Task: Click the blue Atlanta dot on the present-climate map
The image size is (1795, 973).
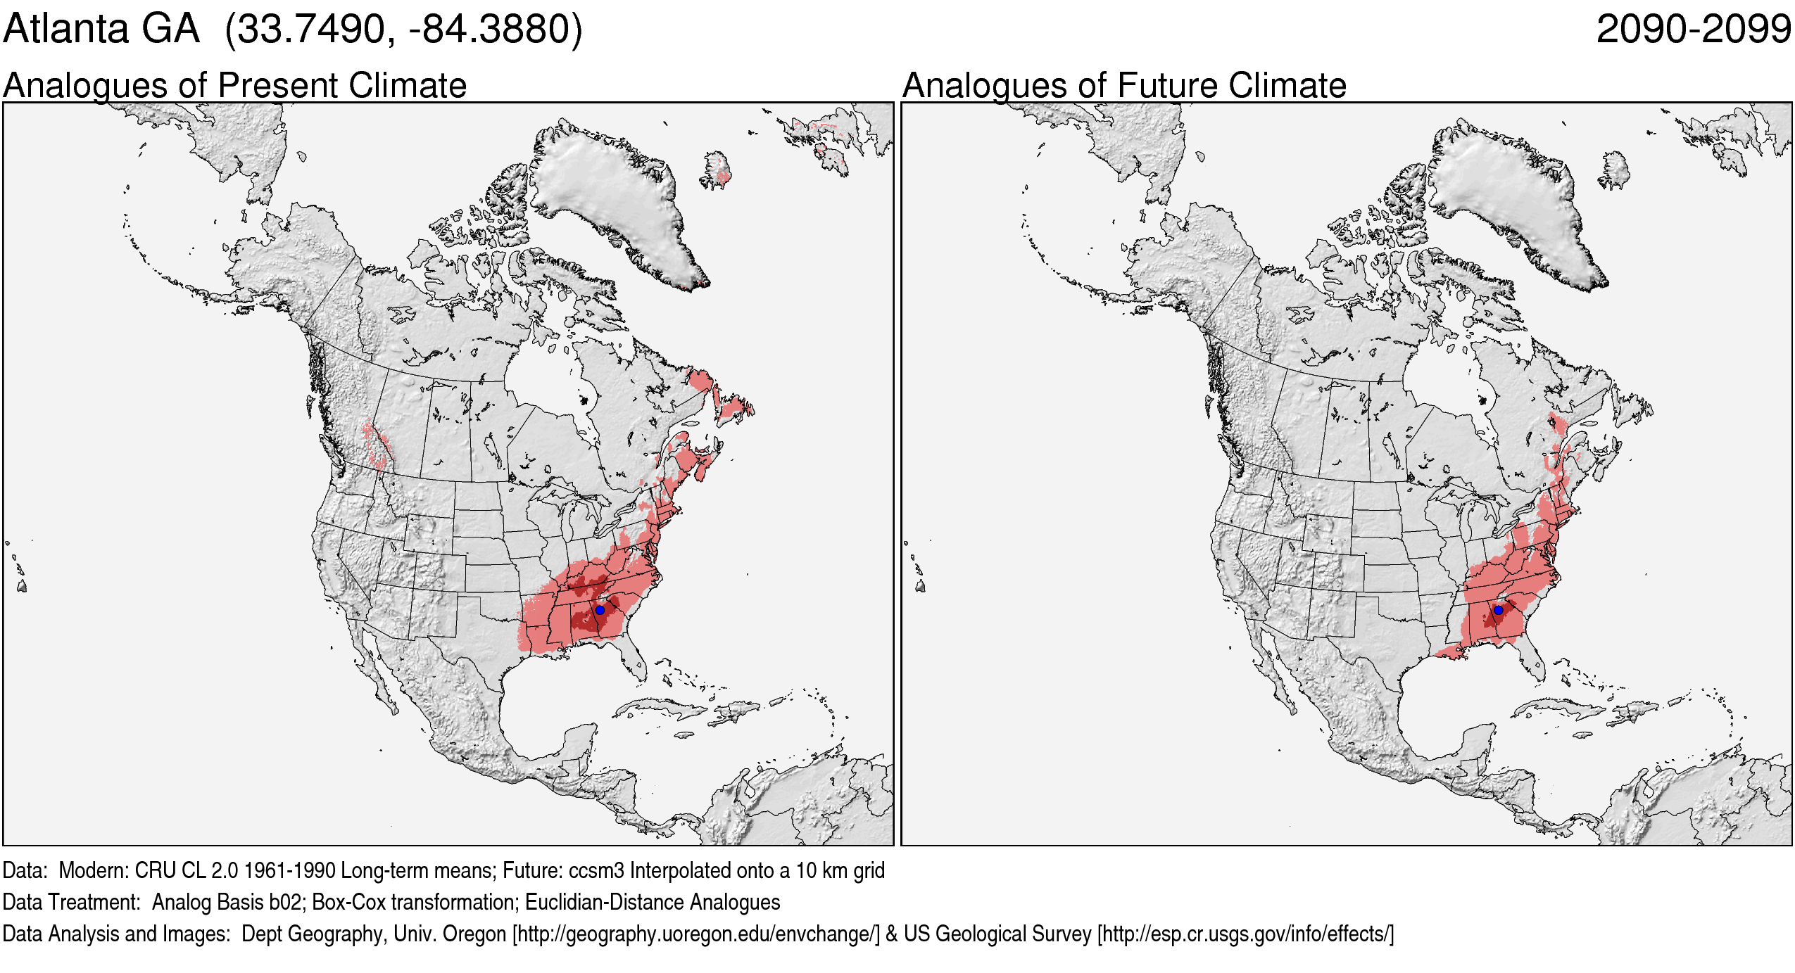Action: [600, 610]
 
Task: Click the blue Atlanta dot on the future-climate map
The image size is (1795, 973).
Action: [1499, 610]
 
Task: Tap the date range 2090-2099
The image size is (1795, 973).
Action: [1693, 30]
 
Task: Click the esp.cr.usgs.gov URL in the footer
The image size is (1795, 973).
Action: [1245, 934]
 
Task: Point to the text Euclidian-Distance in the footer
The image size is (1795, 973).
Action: [604, 902]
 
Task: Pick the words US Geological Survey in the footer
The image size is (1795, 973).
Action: [997, 934]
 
